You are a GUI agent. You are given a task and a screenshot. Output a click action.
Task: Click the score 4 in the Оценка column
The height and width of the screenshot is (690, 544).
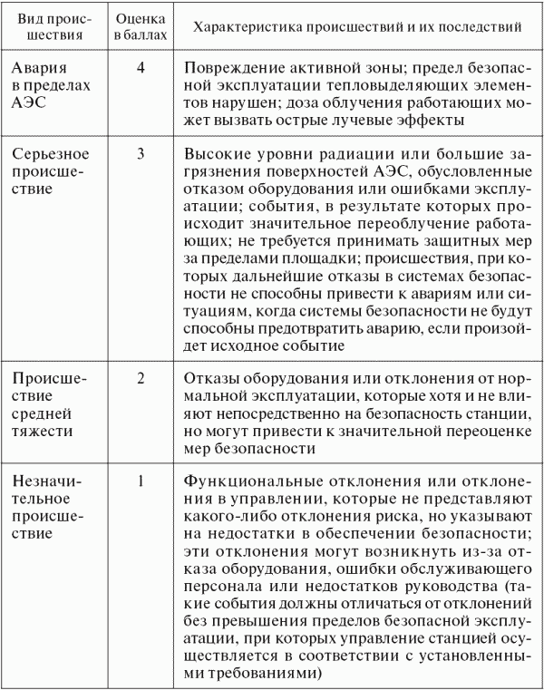pos(141,68)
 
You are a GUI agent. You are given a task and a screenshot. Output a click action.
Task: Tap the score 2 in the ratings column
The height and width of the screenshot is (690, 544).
pos(141,378)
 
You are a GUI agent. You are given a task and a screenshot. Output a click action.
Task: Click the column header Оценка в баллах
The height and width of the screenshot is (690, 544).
pos(140,28)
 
